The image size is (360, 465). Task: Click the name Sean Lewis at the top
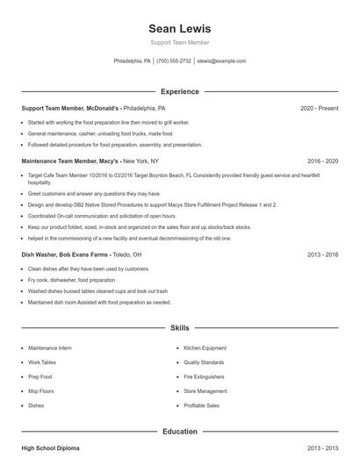coord(180,29)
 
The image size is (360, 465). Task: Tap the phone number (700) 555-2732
coord(174,61)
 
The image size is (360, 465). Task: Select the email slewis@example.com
coord(221,61)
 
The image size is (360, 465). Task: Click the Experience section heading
coord(180,91)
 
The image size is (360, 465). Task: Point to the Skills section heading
coord(180,328)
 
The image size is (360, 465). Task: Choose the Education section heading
coord(180,432)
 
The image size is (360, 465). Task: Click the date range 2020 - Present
coord(320,108)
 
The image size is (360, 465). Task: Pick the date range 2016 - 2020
coord(323,161)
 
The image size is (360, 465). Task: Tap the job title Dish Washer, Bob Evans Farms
coord(65,254)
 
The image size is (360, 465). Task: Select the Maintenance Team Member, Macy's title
coord(71,161)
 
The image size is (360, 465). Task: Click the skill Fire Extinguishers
coord(205,376)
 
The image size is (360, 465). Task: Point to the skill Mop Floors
coord(41,391)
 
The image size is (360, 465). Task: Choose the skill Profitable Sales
coord(201,405)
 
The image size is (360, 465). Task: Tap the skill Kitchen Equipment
coord(205,348)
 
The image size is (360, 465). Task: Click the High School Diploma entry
coord(50,448)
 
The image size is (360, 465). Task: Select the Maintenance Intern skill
coord(49,348)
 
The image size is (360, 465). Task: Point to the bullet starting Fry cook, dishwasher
coord(71,280)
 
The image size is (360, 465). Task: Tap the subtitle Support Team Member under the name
coord(180,43)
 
